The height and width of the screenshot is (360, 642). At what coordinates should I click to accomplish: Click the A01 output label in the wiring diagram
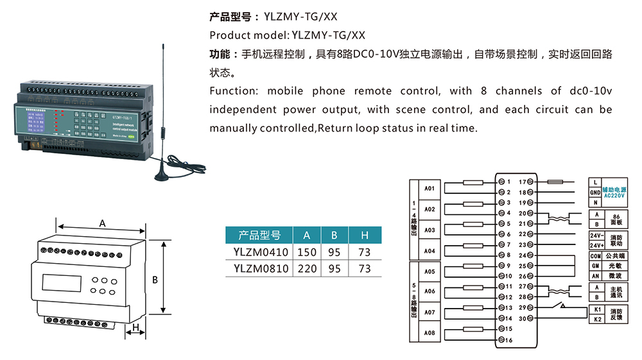pyautogui.click(x=429, y=189)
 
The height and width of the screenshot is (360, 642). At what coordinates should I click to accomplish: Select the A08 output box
pyautogui.click(x=429, y=333)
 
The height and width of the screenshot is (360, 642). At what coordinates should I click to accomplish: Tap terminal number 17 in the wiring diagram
pyautogui.click(x=523, y=182)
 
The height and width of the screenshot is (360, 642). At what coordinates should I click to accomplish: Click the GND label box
pyautogui.click(x=595, y=193)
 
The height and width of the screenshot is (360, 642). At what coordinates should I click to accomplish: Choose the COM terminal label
pyautogui.click(x=595, y=255)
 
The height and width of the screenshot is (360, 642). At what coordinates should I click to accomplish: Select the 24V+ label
pyautogui.click(x=596, y=245)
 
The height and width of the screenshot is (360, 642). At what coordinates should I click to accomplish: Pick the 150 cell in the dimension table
pyautogui.click(x=307, y=252)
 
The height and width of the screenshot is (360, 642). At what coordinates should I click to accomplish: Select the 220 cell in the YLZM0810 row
pyautogui.click(x=307, y=268)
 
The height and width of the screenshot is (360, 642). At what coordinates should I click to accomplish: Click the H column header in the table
pyautogui.click(x=364, y=235)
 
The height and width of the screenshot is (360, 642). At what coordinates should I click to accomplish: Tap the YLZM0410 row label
pyautogui.click(x=261, y=252)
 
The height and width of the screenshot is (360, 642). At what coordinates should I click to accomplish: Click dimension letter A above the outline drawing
pyautogui.click(x=102, y=223)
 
